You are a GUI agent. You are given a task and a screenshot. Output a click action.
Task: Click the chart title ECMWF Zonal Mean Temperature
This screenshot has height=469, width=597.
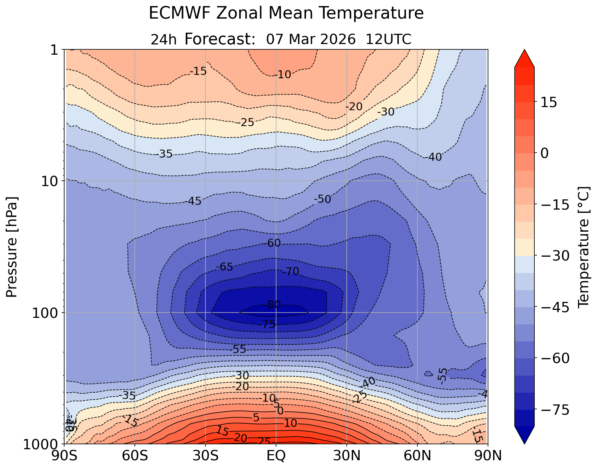[286, 13]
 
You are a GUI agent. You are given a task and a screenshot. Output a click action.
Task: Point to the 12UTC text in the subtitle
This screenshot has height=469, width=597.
[389, 39]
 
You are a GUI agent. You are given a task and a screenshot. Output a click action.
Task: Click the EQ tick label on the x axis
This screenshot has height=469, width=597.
[276, 455]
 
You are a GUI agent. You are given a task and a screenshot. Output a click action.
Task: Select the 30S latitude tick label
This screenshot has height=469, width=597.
[205, 455]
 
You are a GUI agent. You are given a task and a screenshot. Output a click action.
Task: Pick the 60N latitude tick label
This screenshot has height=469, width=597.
[417, 455]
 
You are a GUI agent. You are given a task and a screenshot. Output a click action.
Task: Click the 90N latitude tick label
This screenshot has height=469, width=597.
[488, 455]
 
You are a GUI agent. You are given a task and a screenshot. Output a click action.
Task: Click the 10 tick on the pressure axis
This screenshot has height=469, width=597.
[51, 181]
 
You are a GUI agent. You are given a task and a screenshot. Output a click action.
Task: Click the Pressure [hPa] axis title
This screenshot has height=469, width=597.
[12, 247]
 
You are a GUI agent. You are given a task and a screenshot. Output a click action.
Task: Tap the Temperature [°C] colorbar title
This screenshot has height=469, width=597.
[584, 247]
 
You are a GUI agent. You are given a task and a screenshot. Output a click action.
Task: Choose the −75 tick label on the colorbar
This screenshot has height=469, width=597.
[554, 410]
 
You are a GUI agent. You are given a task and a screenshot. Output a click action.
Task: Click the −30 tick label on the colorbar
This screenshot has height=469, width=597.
[554, 256]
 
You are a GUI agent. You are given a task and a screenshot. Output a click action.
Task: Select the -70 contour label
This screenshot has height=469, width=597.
[291, 272]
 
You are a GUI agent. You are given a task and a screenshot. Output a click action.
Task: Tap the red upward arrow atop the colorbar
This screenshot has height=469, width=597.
[524, 58]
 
